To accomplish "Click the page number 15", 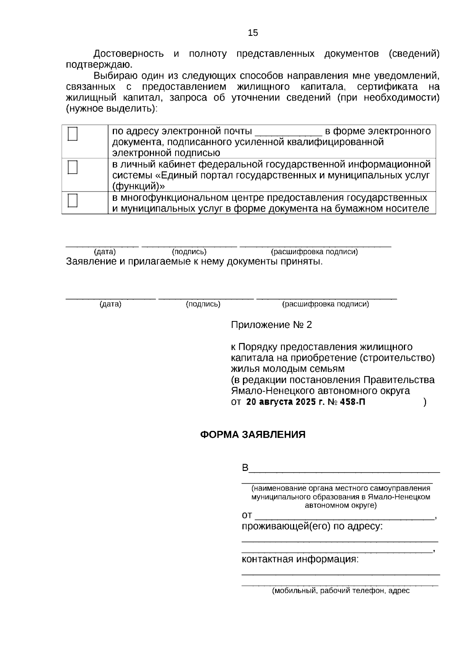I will (253, 33).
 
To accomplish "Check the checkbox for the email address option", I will (72, 134).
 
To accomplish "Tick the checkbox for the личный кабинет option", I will (72, 168).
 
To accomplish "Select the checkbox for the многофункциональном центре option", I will (72, 201).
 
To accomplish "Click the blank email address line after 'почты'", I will (288, 132).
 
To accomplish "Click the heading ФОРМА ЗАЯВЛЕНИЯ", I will (253, 435).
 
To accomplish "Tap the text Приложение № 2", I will (271, 325).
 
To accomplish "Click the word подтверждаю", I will (99, 65).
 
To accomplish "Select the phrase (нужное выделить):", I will (112, 109).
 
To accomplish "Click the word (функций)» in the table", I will (138, 187).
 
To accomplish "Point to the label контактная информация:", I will (300, 559).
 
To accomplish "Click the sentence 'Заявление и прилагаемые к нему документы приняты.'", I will (194, 262).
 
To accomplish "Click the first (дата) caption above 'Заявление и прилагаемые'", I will (105, 252).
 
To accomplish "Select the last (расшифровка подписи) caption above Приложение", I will (325, 304).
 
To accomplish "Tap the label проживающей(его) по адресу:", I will (312, 526).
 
